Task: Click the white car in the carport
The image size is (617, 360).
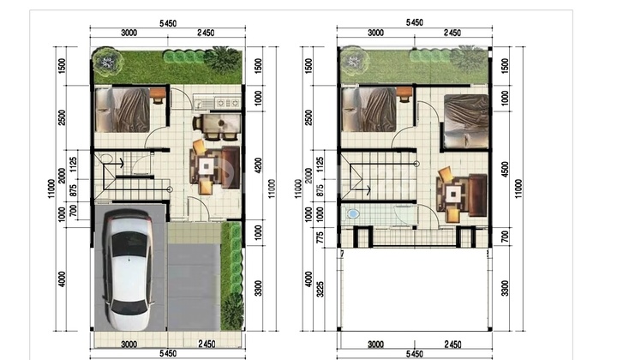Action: [129, 270]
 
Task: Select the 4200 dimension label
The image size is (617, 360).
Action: [258, 165]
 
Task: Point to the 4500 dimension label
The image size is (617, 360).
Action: [505, 170]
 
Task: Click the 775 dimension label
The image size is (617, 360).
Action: [320, 238]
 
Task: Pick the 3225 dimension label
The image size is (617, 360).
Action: [320, 289]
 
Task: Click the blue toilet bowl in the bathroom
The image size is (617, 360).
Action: [353, 214]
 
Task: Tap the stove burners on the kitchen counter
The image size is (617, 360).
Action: [228, 103]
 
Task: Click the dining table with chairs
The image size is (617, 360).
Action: [217, 126]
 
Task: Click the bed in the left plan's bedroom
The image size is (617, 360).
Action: [123, 110]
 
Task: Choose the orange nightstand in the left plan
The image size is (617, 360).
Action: [159, 94]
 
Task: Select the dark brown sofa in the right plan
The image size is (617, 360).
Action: [477, 195]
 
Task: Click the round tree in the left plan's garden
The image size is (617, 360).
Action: [105, 62]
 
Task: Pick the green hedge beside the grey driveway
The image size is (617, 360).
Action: [232, 276]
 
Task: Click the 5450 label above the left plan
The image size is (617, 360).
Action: [168, 24]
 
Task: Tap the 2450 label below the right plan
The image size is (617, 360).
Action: [452, 345]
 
